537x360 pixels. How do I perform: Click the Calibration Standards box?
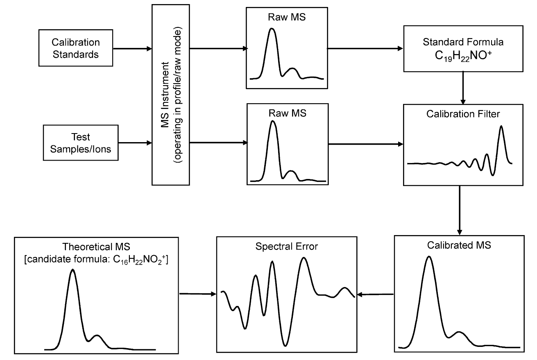pos(76,48)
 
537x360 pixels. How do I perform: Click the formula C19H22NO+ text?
pos(463,56)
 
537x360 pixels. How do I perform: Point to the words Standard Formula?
pos(463,42)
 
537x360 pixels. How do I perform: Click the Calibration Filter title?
pos(463,114)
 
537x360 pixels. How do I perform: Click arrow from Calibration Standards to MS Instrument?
pos(132,48)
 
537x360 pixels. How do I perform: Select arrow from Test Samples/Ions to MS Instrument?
pos(132,143)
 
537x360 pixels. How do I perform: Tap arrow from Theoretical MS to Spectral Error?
pos(198,294)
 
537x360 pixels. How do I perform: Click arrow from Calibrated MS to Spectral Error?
pos(376,294)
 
